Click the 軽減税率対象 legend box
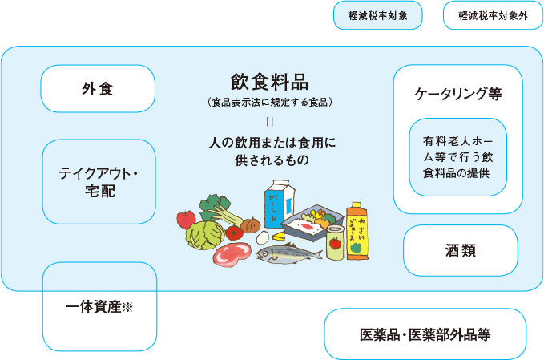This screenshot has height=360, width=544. point(378,15)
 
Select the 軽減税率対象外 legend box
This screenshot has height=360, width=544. point(488,15)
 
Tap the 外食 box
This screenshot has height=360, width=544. point(98,88)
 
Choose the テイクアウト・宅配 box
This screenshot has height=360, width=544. point(98,182)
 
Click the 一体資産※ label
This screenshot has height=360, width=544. point(99,306)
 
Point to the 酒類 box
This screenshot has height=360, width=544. point(461,250)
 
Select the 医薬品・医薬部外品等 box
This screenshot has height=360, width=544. point(425,334)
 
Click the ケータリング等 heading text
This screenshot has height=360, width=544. point(457,93)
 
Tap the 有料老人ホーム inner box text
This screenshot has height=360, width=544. point(457,156)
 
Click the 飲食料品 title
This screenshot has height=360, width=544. point(269,82)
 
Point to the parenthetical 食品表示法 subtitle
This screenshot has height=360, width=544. point(269,103)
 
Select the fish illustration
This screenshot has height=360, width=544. point(288,253)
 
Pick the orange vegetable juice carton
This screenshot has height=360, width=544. point(357,230)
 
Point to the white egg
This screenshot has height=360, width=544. point(262,237)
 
